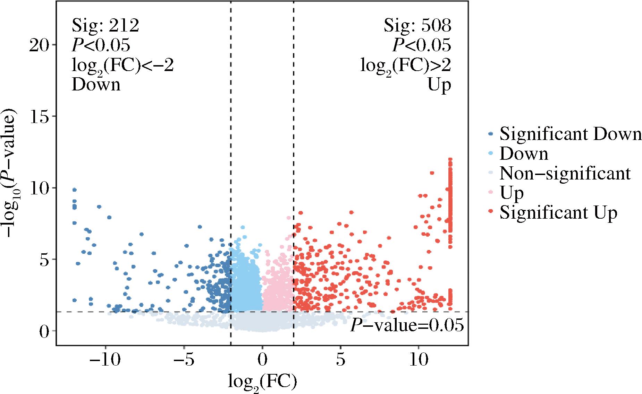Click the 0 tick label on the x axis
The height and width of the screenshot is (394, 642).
(262, 361)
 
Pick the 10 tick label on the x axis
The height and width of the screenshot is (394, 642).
(419, 361)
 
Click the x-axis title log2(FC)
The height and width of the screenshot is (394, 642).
(262, 381)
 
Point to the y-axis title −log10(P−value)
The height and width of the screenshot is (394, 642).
(12, 173)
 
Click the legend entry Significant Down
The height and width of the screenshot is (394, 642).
(570, 134)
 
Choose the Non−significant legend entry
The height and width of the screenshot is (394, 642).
(565, 173)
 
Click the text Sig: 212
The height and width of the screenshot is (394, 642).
(105, 25)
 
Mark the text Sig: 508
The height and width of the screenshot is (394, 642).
(417, 25)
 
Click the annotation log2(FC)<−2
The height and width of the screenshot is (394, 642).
(123, 65)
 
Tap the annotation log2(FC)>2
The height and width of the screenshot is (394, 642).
(405, 65)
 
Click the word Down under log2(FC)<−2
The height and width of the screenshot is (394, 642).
(96, 85)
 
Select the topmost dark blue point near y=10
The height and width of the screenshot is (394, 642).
(74, 190)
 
